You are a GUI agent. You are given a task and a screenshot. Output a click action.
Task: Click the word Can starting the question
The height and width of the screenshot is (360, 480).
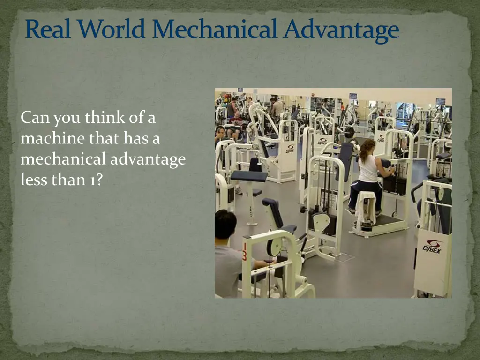(x=36, y=118)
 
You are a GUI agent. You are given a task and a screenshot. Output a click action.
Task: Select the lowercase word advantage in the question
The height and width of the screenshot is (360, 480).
(x=148, y=159)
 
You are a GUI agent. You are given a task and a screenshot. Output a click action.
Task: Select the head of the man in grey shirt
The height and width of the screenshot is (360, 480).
(x=225, y=223)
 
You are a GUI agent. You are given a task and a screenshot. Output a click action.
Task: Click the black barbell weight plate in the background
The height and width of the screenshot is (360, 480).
(x=349, y=133)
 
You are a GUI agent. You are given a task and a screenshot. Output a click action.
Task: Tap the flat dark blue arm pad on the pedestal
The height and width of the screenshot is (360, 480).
(x=248, y=176)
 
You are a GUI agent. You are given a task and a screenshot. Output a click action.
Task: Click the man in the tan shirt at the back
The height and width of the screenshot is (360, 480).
(x=277, y=108)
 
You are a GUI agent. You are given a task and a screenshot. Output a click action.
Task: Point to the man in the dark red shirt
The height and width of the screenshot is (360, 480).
(x=232, y=109)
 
